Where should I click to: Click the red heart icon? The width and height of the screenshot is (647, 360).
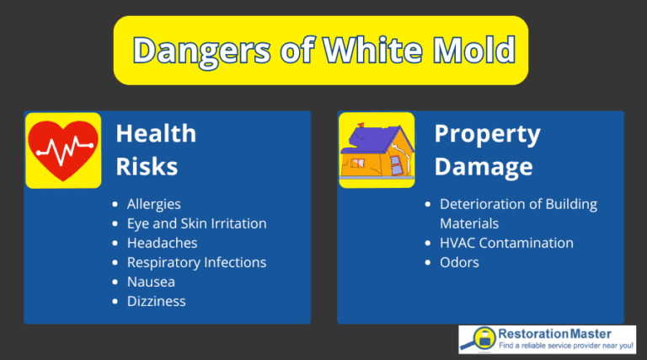(x=63, y=150)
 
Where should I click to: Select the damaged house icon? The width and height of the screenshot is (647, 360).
(x=377, y=150)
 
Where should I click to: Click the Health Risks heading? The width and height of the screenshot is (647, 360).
(x=156, y=150)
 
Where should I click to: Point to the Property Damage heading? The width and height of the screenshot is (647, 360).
(x=487, y=150)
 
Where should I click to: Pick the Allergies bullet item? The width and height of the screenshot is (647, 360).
(x=153, y=204)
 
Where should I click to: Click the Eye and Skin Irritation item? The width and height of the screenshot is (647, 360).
(x=196, y=223)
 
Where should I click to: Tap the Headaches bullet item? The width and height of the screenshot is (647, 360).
(x=162, y=243)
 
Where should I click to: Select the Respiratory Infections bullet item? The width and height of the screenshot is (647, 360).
(x=196, y=262)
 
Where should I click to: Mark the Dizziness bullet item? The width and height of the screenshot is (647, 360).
(x=156, y=301)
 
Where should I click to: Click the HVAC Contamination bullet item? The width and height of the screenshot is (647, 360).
(x=506, y=243)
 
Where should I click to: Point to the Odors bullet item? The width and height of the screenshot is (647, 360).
(x=459, y=262)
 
